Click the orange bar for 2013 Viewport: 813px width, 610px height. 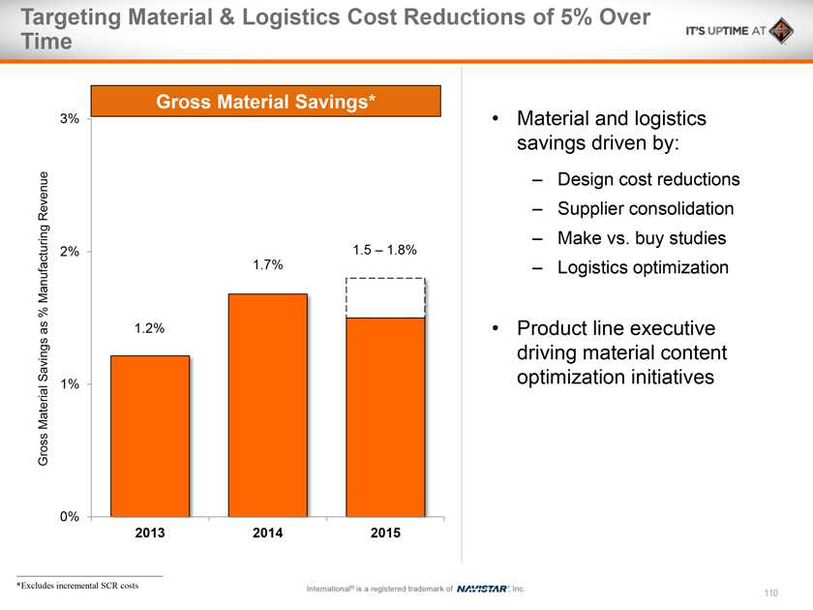coord(150,435)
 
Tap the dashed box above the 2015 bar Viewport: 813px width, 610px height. coord(386,298)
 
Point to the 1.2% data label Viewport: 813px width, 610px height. coord(149,328)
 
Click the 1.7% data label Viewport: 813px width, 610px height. coord(268,264)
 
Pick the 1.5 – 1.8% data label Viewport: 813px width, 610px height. coord(385,250)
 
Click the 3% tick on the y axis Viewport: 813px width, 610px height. coord(69,119)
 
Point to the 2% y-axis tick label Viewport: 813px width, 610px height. coord(69,252)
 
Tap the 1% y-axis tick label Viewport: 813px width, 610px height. coord(69,384)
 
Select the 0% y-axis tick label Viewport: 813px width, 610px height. coord(69,517)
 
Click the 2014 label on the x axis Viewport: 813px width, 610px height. coord(268,534)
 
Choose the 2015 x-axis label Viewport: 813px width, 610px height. coord(385,534)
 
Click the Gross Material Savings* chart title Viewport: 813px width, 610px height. coord(266,101)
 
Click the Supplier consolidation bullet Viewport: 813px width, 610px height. coord(646,209)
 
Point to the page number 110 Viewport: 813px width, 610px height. coord(771,592)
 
